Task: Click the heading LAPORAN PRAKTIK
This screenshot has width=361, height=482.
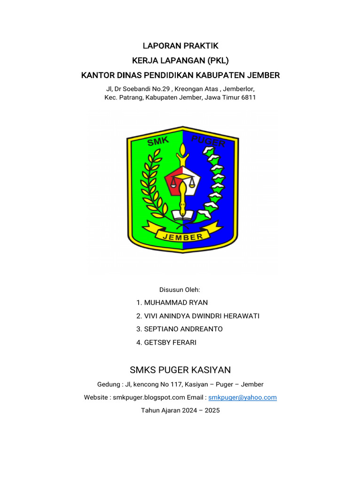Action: click(x=180, y=46)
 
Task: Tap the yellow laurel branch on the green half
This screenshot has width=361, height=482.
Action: click(x=152, y=186)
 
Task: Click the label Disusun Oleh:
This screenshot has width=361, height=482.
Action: click(x=180, y=289)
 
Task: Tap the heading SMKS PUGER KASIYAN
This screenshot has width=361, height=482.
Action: click(x=180, y=370)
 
